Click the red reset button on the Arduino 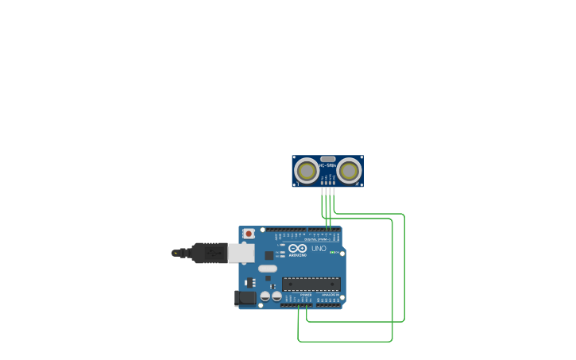(249, 234)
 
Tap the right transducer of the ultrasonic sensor (348, 170)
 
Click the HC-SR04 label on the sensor (327, 165)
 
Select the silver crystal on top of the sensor (327, 159)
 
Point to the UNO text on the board (319, 249)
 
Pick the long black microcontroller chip (311, 284)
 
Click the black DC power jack (245, 298)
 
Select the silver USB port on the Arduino (242, 253)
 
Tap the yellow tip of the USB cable (175, 253)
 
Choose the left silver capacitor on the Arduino (265, 296)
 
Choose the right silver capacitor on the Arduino (276, 296)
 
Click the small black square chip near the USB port (269, 255)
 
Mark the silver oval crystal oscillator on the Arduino (268, 269)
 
